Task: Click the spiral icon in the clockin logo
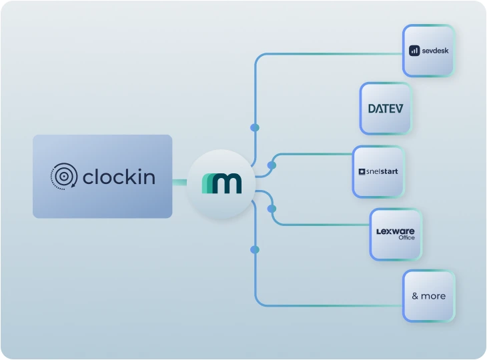pyautogui.click(x=63, y=177)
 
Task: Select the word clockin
pyautogui.click(x=119, y=177)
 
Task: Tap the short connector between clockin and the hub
pyautogui.click(x=179, y=181)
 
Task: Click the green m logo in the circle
pyautogui.click(x=221, y=182)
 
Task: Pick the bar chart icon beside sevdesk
pyautogui.click(x=414, y=51)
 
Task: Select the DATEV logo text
pyautogui.click(x=386, y=109)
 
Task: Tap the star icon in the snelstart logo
pyautogui.click(x=362, y=172)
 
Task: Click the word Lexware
pyautogui.click(x=396, y=231)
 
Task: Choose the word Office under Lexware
pyautogui.click(x=406, y=238)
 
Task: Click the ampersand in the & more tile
pyautogui.click(x=415, y=296)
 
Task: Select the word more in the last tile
pyautogui.click(x=434, y=296)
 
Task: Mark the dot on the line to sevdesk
pyautogui.click(x=254, y=127)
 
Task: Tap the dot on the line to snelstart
pyautogui.click(x=272, y=165)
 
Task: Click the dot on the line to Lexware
pyautogui.click(x=272, y=209)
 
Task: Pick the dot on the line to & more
pyautogui.click(x=254, y=249)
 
